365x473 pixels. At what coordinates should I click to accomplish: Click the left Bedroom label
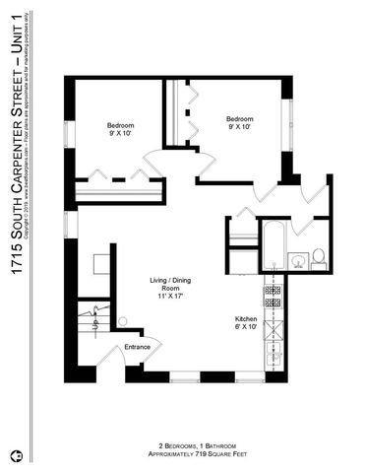[121, 125]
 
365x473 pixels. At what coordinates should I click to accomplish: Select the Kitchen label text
[245, 318]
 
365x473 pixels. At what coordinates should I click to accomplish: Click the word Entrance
[139, 347]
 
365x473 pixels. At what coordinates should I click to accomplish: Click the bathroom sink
[295, 261]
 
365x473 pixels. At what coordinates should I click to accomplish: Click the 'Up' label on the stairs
[94, 324]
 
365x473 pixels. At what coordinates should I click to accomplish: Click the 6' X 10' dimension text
[245, 328]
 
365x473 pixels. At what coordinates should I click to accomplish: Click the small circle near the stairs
[122, 321]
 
